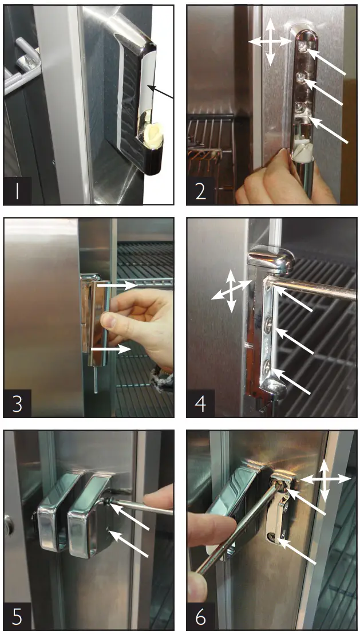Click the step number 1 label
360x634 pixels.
[17, 191]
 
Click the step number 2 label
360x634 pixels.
[200, 191]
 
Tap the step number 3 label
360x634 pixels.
[17, 404]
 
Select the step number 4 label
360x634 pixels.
[201, 404]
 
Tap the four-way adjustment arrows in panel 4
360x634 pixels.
[231, 290]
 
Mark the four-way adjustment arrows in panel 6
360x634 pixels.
[325, 480]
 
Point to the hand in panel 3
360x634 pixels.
[137, 326]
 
